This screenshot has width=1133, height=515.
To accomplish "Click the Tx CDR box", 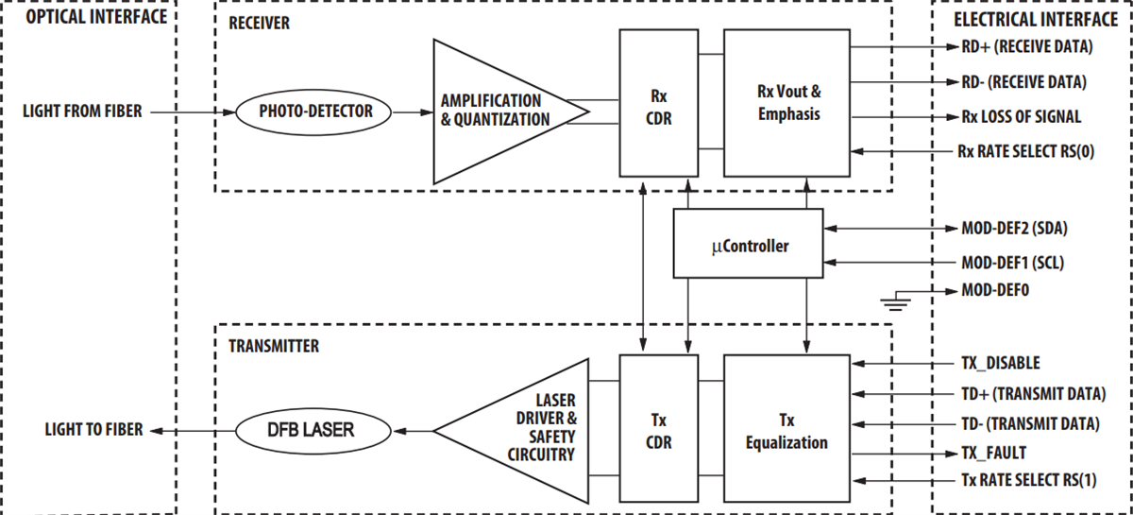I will coord(658,431).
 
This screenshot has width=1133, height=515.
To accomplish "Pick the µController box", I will coord(747,246).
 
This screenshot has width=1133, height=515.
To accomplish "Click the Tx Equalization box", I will coord(788,431).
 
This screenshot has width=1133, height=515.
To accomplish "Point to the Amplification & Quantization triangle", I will coord(491,112).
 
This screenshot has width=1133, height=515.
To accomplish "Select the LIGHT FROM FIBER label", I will coord(82,112).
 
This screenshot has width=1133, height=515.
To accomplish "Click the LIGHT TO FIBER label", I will coord(93,431).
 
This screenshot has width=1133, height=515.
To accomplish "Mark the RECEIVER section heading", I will coord(259,24).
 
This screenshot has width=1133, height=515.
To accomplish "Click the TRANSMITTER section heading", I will coord(274,347).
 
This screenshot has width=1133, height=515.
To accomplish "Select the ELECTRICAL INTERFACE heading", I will coord(1034,17).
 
